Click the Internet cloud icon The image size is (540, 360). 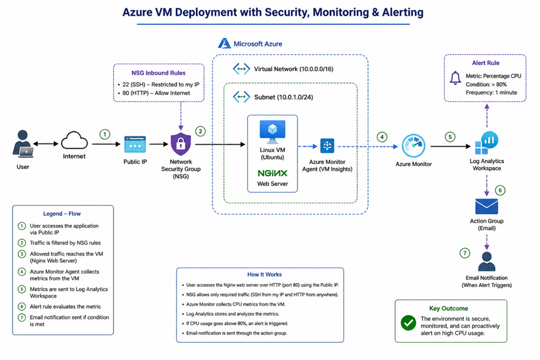coord(74,141)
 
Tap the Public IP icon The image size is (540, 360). coord(135,145)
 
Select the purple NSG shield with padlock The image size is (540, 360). coord(181,144)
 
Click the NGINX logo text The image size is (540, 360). coord(272,173)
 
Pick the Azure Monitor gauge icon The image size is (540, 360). coord(414,146)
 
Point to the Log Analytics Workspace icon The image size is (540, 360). coord(486,143)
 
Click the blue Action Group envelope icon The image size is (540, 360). coord(487,207)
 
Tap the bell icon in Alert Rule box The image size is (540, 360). coord(456,78)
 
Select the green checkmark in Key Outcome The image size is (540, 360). coord(408,323)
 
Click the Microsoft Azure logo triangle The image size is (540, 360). coord(224,44)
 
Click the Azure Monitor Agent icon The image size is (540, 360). coord(327,146)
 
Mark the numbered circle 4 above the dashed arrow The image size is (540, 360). coord(381,137)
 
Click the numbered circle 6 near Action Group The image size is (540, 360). coord(500,190)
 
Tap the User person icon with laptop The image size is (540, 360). coord(23,144)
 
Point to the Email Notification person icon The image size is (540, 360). coord(487,262)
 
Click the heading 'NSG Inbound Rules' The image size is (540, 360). coord(159,73)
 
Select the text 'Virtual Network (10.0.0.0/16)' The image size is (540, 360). coord(294,69)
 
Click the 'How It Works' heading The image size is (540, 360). coord(264,274)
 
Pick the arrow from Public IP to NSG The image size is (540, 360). coord(159,144)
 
